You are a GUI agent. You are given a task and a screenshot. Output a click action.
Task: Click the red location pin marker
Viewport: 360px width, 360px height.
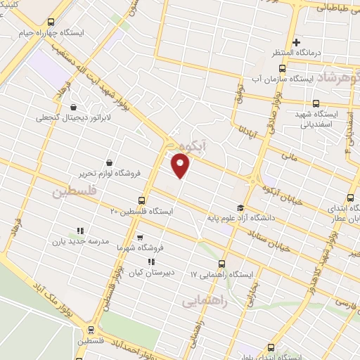[x=181, y=166]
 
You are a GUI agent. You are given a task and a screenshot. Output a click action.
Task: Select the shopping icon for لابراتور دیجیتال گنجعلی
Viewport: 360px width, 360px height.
[x=74, y=108]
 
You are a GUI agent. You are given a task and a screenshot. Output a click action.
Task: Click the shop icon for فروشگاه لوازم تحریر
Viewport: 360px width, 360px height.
[x=109, y=162]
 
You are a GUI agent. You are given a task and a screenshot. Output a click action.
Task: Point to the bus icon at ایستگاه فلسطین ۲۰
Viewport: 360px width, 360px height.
[x=142, y=200]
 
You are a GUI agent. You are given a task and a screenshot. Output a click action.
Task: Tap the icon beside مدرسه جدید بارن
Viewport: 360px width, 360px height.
[x=79, y=230]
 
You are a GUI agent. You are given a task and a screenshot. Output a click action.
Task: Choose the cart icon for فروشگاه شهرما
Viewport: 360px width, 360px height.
[x=139, y=238]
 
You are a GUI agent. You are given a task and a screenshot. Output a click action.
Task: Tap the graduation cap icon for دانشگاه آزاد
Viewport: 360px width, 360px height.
[x=240, y=207]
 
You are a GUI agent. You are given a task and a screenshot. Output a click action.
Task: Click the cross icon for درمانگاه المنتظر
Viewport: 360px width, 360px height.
[x=296, y=43]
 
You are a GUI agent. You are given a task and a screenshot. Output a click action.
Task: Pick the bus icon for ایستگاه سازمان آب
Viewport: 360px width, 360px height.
[x=282, y=69]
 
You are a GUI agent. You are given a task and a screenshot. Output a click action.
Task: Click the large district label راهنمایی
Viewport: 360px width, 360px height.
[x=203, y=301]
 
